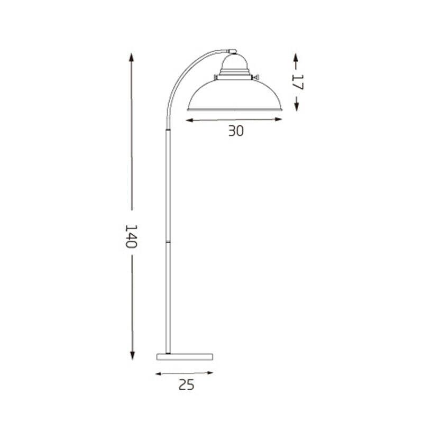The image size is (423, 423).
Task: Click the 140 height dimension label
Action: tap(131, 236)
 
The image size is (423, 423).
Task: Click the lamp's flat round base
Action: tap(185, 356)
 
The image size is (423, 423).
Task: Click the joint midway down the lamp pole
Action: tap(169, 240)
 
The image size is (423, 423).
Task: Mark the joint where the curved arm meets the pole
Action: tap(168, 130)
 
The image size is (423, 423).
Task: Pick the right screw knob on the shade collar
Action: tap(256, 79)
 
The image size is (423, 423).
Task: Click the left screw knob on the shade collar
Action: tap(215, 78)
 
